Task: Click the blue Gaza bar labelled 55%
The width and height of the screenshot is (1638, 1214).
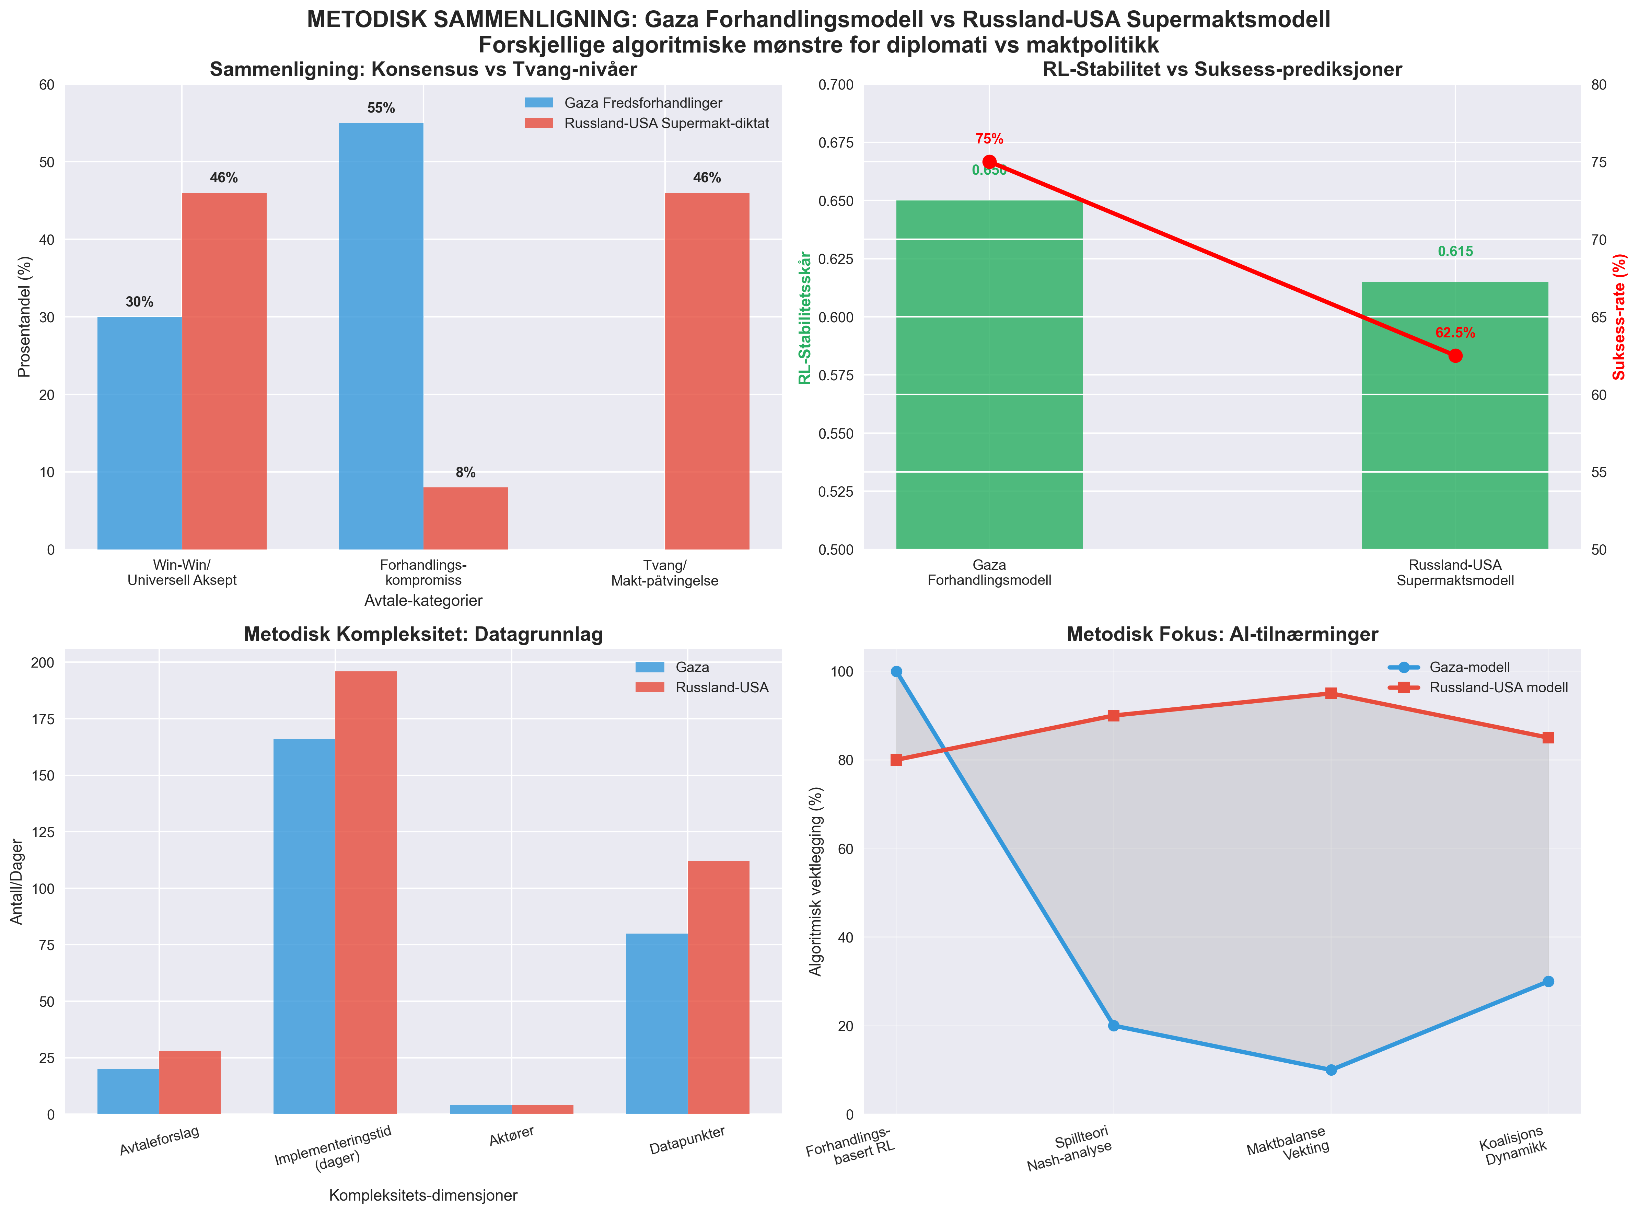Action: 381,336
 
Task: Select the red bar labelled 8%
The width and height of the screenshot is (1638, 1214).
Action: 465,518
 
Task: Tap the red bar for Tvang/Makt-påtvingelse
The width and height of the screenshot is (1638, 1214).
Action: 707,371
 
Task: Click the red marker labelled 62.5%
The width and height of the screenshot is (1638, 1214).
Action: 1455,356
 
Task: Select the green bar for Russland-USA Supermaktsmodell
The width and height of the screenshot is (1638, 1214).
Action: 1455,415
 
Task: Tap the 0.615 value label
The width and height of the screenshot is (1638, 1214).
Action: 1455,251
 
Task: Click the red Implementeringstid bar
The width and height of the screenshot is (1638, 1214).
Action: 366,893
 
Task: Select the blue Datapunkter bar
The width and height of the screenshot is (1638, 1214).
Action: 657,1024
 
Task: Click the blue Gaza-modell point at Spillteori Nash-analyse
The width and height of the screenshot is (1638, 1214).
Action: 1113,1026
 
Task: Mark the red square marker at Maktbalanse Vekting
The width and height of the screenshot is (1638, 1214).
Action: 1331,694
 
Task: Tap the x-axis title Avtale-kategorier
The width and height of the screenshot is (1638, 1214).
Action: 423,600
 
